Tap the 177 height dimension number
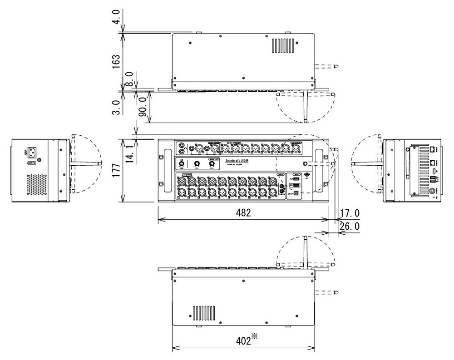pyautogui.click(x=117, y=170)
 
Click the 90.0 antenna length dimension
pyautogui.click(x=142, y=108)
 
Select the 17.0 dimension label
pyautogui.click(x=349, y=213)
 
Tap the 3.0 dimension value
pyautogui.click(x=117, y=108)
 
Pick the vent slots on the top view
pyautogui.click(x=283, y=46)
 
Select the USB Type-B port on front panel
pyautogui.click(x=296, y=193)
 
